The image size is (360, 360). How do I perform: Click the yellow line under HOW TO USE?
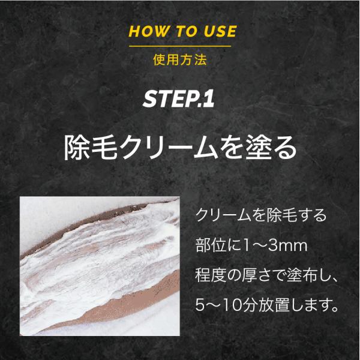180,46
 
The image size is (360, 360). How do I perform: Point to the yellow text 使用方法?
180,59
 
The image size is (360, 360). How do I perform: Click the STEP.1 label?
179,99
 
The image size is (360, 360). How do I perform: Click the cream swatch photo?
100,266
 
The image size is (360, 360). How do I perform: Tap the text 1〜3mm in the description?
275,246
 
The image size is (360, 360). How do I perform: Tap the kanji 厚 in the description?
249,275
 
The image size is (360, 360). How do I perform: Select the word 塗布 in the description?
302,275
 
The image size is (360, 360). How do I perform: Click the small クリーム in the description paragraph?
224,215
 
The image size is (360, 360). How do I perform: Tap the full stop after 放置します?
335,309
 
